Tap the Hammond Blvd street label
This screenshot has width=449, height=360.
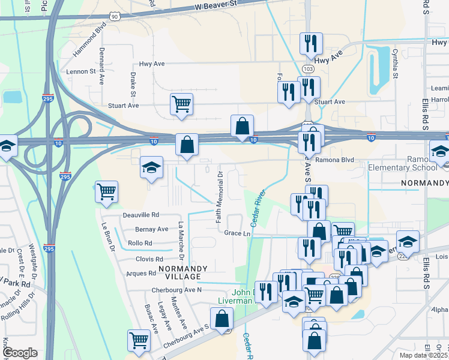coord(90,40)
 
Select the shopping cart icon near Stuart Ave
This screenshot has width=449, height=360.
coord(181,104)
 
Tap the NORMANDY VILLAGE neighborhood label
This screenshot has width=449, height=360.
coord(183,272)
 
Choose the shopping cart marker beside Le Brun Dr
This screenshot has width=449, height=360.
coord(106,192)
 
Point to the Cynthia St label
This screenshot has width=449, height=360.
coord(395,64)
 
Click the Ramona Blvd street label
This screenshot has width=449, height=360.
coord(334,160)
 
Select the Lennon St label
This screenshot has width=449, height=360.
coord(84,71)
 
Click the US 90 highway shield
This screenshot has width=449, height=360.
coord(115,17)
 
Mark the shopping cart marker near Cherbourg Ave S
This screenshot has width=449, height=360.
coord(139,340)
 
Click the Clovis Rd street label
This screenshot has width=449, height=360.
coord(149,259)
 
